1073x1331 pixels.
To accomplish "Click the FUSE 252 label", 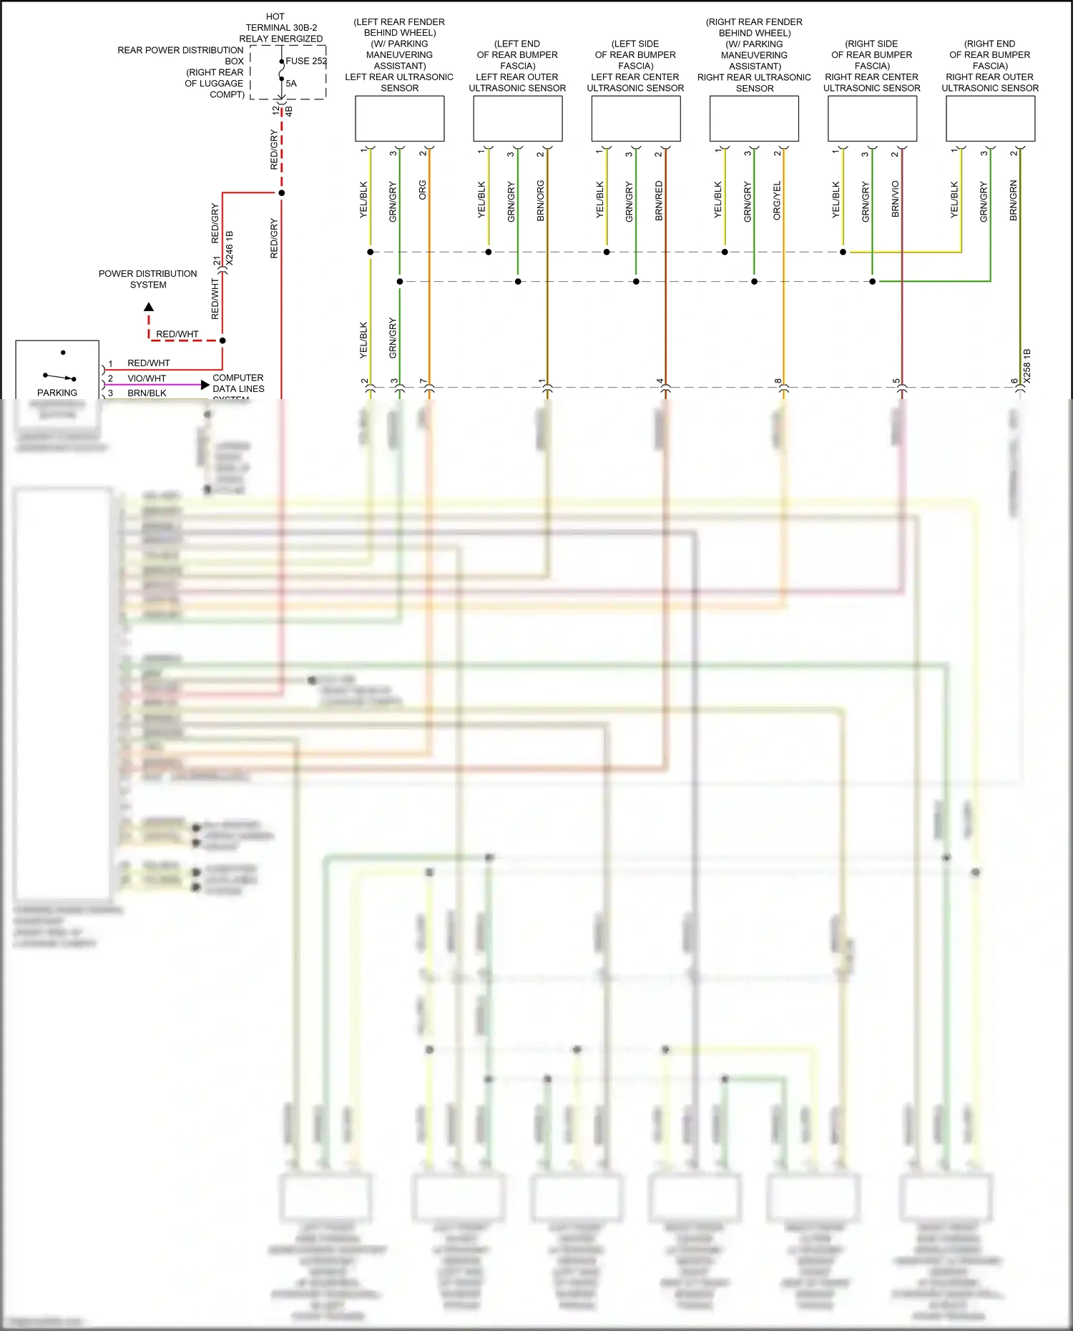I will [x=306, y=61].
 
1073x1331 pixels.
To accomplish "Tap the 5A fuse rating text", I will [x=291, y=83].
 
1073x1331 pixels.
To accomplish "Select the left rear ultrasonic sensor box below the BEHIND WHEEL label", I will [x=399, y=118].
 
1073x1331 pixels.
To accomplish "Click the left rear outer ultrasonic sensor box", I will [x=517, y=118].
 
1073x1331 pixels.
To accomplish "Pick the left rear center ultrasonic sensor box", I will [x=635, y=118].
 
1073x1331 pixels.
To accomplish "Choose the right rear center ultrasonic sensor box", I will [x=872, y=118].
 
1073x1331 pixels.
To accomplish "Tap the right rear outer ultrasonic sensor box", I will [x=990, y=118].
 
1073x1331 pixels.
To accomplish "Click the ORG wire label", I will [x=423, y=190].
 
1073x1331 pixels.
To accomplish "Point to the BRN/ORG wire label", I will [x=541, y=200].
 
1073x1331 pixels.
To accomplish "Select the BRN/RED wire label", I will [x=659, y=200].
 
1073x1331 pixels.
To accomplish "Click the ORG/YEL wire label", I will [x=777, y=200].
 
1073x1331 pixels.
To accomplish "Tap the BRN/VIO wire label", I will [x=896, y=199].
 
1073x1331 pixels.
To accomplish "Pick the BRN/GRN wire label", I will [x=1014, y=200].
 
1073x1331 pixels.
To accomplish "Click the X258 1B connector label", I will [x=1027, y=365].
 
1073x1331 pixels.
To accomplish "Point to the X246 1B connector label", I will [x=230, y=248].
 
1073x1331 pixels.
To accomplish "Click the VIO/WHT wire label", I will [x=147, y=378].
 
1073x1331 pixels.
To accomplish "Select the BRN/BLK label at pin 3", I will [x=147, y=393].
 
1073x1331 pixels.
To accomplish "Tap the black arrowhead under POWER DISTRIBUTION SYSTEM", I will [x=149, y=307].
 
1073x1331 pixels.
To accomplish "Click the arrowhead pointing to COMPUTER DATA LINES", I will [x=205, y=385].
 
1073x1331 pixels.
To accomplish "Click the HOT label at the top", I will [x=275, y=16].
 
